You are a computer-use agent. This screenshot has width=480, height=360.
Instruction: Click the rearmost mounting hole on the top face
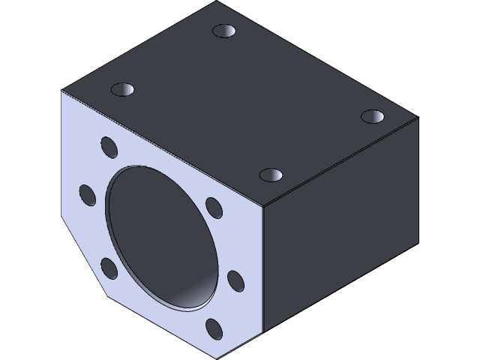pos(223,31)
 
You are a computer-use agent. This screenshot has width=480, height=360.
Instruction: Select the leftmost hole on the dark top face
pos(121,89)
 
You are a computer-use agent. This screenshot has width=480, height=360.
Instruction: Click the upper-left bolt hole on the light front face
pos(107,144)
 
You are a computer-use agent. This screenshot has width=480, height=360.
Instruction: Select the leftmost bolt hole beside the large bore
pos(88,195)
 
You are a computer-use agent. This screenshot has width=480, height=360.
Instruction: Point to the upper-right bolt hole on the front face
pos(213,206)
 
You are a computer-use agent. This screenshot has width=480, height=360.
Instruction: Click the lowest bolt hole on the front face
pos(214,328)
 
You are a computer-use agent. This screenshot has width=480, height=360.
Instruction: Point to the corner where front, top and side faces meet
pos(262,208)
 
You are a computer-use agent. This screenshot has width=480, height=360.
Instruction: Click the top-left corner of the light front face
pos(62,91)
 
